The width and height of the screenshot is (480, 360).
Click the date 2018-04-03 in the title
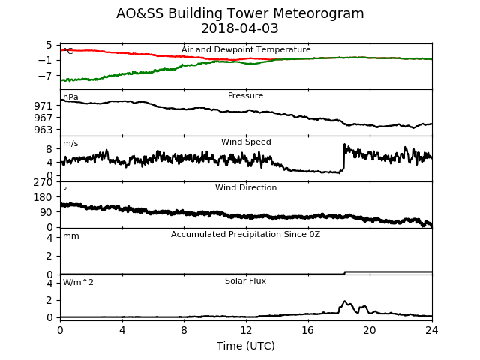pyautogui.click(x=240, y=28)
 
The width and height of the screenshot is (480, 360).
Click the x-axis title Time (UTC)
pyautogui.click(x=246, y=346)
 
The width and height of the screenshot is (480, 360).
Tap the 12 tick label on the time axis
pyautogui.click(x=246, y=330)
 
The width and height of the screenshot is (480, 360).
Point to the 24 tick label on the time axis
pyautogui.click(x=432, y=330)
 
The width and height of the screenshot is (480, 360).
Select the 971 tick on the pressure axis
pyautogui.click(x=43, y=106)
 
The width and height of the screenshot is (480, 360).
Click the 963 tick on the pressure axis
pyautogui.click(x=43, y=130)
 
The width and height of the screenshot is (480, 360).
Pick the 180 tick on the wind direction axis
pyautogui.click(x=43, y=197)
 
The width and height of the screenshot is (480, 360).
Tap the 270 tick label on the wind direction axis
pyautogui.click(x=43, y=182)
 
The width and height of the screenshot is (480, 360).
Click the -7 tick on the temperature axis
pyautogui.click(x=45, y=75)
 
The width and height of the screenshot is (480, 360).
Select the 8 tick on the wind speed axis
pyautogui.click(x=49, y=149)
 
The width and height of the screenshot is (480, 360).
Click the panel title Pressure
pyautogui.click(x=245, y=95)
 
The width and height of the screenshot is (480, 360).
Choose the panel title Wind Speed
pyautogui.click(x=246, y=142)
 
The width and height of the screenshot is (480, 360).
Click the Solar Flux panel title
pyautogui.click(x=245, y=280)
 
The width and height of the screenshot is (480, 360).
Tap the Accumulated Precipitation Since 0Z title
pyautogui.click(x=245, y=234)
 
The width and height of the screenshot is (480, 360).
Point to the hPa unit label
pyautogui.click(x=70, y=97)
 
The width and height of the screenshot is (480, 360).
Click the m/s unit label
pyautogui.click(x=70, y=143)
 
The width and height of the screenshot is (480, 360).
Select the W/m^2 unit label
pyautogui.click(x=78, y=282)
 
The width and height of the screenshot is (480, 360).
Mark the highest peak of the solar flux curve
pyautogui.click(x=344, y=301)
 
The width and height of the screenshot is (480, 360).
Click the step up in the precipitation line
pyautogui.click(x=345, y=272)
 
